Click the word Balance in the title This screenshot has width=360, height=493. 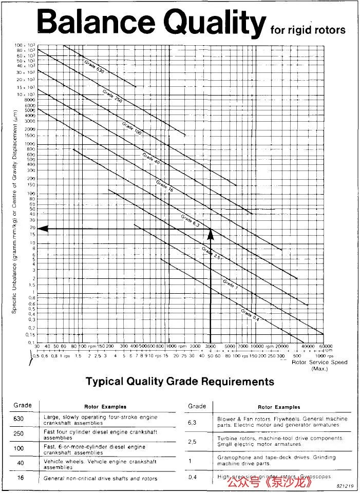[x=96, y=23]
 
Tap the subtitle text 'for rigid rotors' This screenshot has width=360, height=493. [x=308, y=30]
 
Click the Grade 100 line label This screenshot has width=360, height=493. [x=131, y=128]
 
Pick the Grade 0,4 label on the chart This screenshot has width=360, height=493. [x=250, y=314]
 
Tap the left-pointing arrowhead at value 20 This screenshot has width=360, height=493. [x=43, y=228]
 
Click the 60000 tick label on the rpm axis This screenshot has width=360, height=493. [x=323, y=346]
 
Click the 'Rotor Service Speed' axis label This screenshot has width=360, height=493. [x=319, y=362]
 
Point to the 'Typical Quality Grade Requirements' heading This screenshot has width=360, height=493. [x=180, y=382]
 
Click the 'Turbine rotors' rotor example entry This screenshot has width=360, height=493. [x=280, y=441]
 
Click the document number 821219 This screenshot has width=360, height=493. [x=345, y=485]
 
